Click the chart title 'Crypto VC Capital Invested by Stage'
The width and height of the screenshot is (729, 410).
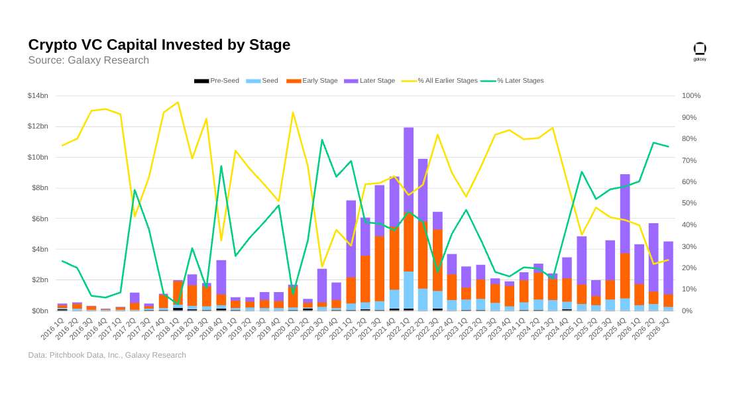159,44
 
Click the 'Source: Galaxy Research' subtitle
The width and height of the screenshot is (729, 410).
88,60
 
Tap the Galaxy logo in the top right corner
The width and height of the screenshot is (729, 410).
700,51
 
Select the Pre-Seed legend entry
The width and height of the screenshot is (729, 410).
217,80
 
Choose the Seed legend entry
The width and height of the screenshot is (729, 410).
262,80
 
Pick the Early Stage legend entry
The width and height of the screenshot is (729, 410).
312,80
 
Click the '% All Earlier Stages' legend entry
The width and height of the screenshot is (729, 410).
440,80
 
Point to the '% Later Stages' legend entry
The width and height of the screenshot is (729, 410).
512,80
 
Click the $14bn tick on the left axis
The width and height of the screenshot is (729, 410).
38,96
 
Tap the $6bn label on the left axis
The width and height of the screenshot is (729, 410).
40,219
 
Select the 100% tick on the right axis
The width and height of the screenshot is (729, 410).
691,96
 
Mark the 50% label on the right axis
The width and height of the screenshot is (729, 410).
689,203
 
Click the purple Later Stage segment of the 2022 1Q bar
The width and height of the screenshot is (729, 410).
409,169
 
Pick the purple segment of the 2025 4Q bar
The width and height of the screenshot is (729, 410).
625,214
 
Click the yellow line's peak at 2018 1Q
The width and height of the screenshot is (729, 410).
178,102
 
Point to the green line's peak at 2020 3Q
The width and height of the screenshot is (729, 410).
321,140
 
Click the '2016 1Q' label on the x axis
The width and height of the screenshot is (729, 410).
52,328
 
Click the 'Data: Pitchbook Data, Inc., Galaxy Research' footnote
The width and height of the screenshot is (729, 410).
107,355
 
